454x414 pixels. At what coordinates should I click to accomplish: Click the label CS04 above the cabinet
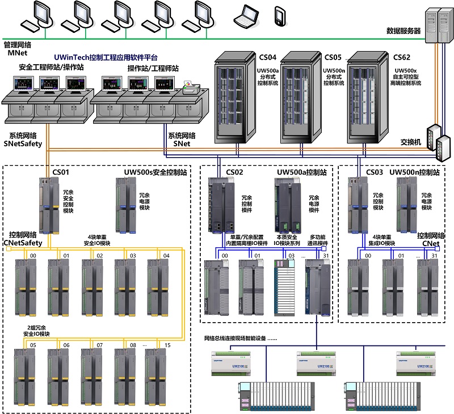coord(268,57)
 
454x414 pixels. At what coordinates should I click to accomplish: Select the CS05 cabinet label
coord(333,57)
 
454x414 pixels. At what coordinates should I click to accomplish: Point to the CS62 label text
coord(402,57)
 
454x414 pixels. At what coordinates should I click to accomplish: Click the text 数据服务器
coord(405,31)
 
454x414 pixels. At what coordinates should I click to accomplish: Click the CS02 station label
coord(234,172)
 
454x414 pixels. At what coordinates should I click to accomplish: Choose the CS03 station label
coord(375,172)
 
